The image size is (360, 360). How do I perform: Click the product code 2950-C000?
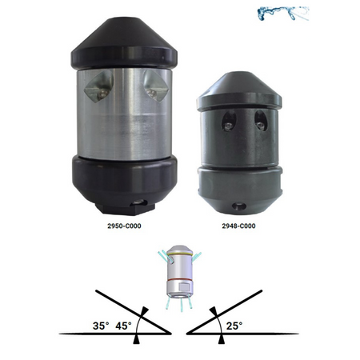[x=124, y=226]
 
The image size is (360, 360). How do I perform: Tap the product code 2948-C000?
[x=238, y=226]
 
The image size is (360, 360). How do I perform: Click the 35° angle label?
[x=101, y=326]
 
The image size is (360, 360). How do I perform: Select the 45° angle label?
[x=123, y=326]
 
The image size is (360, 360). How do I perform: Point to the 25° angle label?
[x=234, y=326]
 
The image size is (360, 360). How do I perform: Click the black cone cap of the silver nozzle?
[x=124, y=42]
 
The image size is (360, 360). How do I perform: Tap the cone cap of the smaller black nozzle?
[x=239, y=90]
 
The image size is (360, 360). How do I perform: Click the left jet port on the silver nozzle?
[x=99, y=86]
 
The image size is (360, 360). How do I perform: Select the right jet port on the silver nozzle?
[x=156, y=86]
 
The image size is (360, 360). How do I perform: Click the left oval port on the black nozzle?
[x=229, y=121]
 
